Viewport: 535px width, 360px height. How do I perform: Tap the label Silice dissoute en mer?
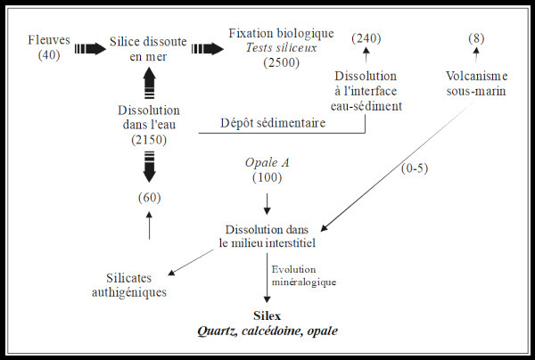[150, 49]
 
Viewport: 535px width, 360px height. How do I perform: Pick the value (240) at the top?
[366, 38]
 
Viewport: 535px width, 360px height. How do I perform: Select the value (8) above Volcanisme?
[476, 38]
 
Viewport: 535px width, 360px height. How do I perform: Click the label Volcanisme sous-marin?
[474, 96]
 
